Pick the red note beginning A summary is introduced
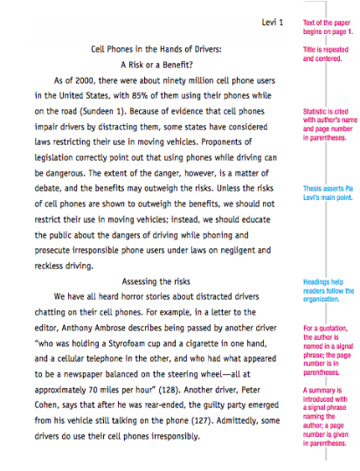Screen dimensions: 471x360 327,414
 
